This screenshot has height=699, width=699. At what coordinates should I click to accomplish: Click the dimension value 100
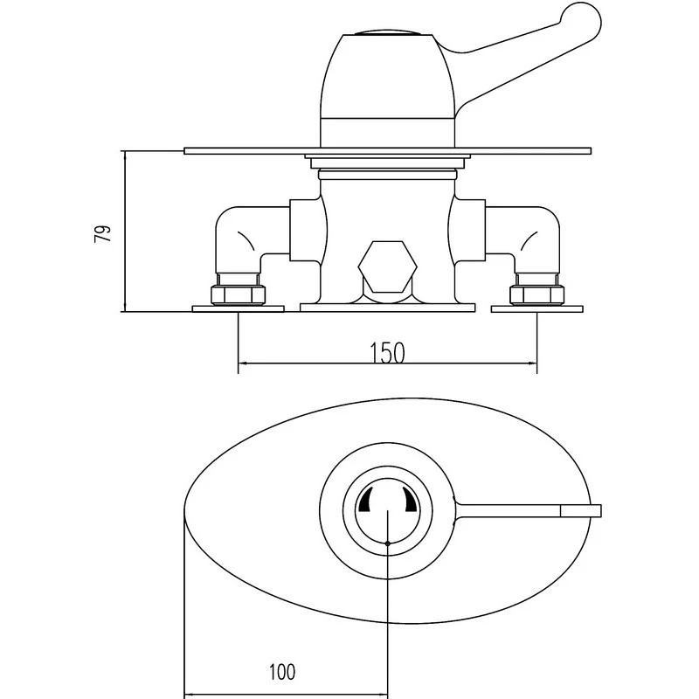coord(281,672)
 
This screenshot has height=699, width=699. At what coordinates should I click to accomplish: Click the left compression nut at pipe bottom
coord(239,290)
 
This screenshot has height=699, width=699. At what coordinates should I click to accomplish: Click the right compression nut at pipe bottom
coord(535,290)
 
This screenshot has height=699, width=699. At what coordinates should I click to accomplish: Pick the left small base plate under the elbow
coord(239,308)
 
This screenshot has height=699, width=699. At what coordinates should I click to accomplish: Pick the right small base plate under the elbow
coord(535,308)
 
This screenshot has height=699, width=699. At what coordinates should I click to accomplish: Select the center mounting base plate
coord(387,308)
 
